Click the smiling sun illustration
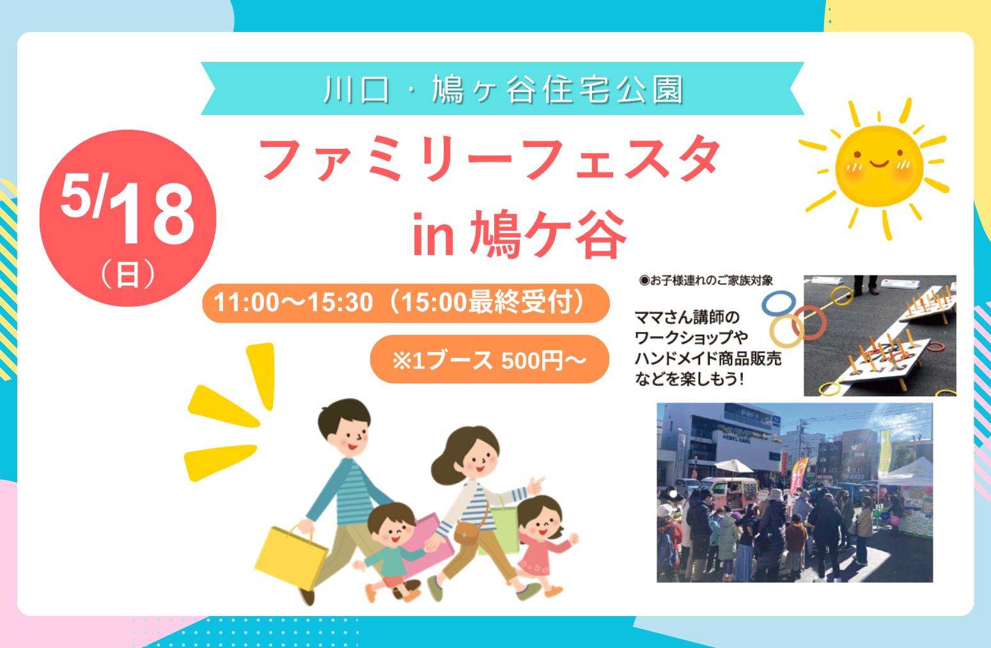(878, 167)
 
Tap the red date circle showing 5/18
(128, 218)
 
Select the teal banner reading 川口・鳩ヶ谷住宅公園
(503, 88)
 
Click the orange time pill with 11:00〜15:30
(406, 303)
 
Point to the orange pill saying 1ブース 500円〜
(490, 359)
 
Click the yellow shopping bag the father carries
(291, 556)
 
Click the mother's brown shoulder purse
(467, 532)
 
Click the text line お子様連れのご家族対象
(706, 280)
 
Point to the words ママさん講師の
(687, 317)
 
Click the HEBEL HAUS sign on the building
(737, 438)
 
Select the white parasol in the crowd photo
(733, 467)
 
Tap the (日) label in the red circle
(128, 275)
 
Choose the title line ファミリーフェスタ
(490, 158)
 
